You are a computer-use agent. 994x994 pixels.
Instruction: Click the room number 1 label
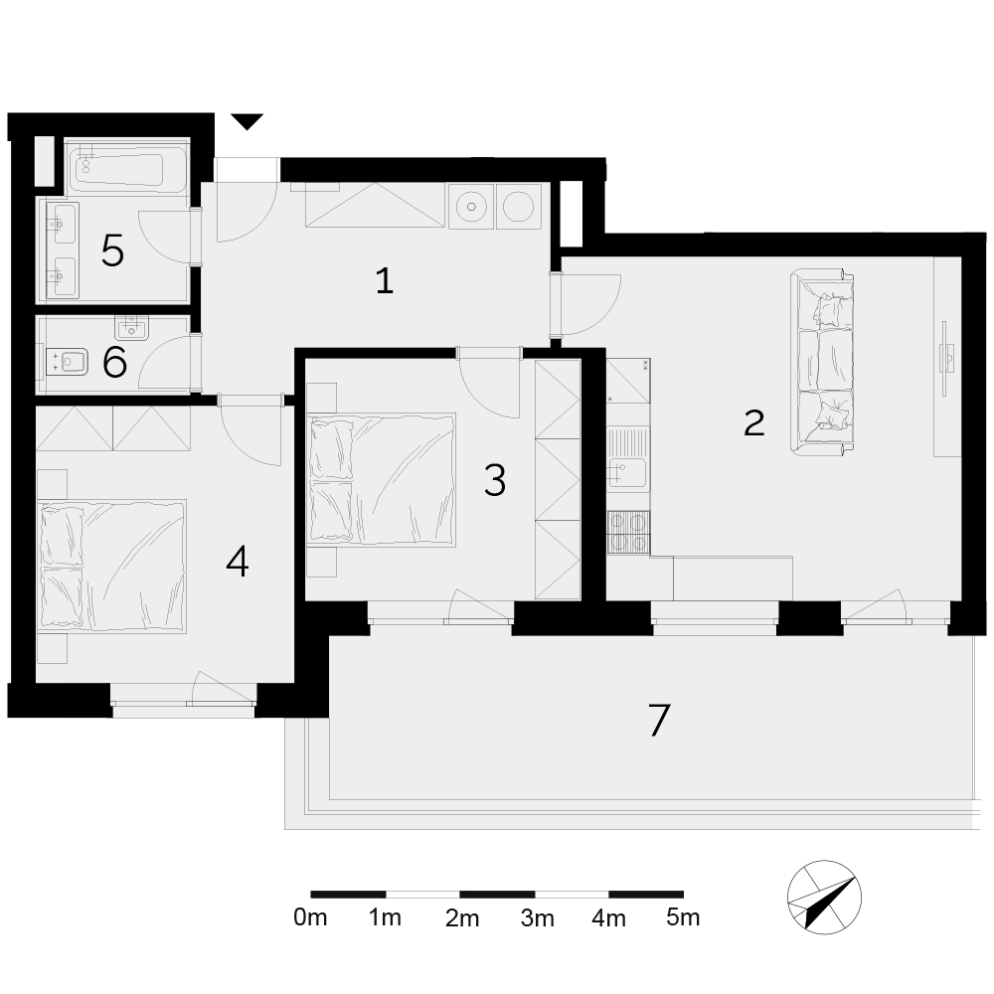(x=384, y=281)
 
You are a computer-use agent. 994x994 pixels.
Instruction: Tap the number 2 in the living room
(x=753, y=422)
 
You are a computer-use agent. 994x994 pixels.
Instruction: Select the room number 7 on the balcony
(x=659, y=720)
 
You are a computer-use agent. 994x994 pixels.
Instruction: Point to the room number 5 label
(x=112, y=250)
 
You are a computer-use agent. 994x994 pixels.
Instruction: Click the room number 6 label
(x=114, y=363)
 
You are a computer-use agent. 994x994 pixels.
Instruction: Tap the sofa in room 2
(x=822, y=363)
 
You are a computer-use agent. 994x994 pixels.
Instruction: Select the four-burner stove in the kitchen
(x=627, y=533)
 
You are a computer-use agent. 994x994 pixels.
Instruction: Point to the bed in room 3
(x=381, y=479)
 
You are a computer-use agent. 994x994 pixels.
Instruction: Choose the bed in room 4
(x=111, y=567)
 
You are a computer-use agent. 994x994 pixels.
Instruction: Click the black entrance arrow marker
(x=247, y=121)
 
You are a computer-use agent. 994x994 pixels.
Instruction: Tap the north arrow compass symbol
(x=824, y=897)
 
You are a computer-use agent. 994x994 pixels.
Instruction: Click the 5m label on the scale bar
(x=683, y=917)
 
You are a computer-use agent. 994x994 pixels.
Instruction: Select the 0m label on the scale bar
(x=310, y=917)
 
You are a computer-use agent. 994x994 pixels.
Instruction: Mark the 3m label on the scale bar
(x=537, y=917)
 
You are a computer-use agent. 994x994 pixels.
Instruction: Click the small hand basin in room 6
(x=131, y=328)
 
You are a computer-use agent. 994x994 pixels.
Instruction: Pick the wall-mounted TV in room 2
(x=946, y=359)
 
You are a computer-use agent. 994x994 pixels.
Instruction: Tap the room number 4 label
(x=238, y=562)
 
